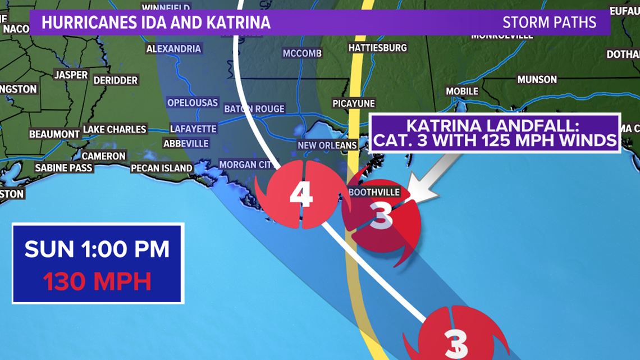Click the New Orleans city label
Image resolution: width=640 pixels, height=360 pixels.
327,145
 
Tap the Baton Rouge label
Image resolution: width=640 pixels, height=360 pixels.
254,108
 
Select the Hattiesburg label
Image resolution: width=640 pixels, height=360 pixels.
377,48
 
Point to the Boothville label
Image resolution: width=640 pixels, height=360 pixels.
374,192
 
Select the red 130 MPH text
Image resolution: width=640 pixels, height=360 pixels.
98,281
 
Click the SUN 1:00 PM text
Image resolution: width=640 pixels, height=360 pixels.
98,249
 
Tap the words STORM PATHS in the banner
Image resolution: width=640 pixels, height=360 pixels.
549,23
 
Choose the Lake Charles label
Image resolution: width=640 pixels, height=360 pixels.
115,129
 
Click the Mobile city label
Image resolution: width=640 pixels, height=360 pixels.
462,91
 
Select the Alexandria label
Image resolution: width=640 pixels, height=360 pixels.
173,49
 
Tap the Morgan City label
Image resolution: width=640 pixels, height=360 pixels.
245,165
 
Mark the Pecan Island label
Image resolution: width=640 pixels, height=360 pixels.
161,168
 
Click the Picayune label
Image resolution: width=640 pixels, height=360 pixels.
354,104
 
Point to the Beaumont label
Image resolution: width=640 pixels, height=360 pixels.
54,134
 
